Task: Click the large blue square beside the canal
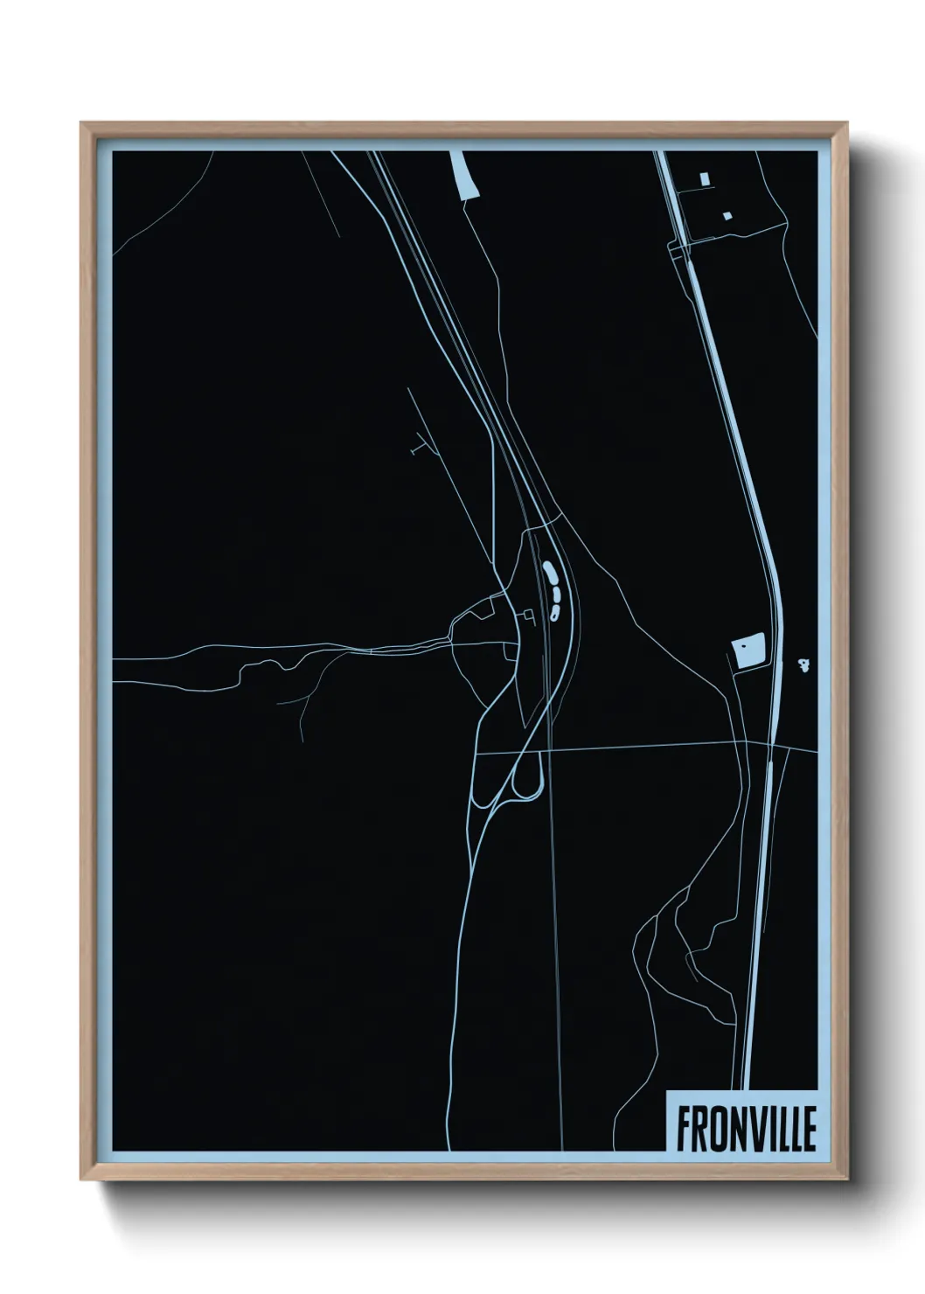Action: (x=748, y=650)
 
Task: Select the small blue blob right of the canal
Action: (x=803, y=665)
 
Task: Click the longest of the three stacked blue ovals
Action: (x=549, y=574)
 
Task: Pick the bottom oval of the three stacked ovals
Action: (x=554, y=612)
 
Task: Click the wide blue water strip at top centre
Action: (x=466, y=175)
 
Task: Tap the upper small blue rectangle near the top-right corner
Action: (x=704, y=178)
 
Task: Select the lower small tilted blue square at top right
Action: (x=726, y=214)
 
